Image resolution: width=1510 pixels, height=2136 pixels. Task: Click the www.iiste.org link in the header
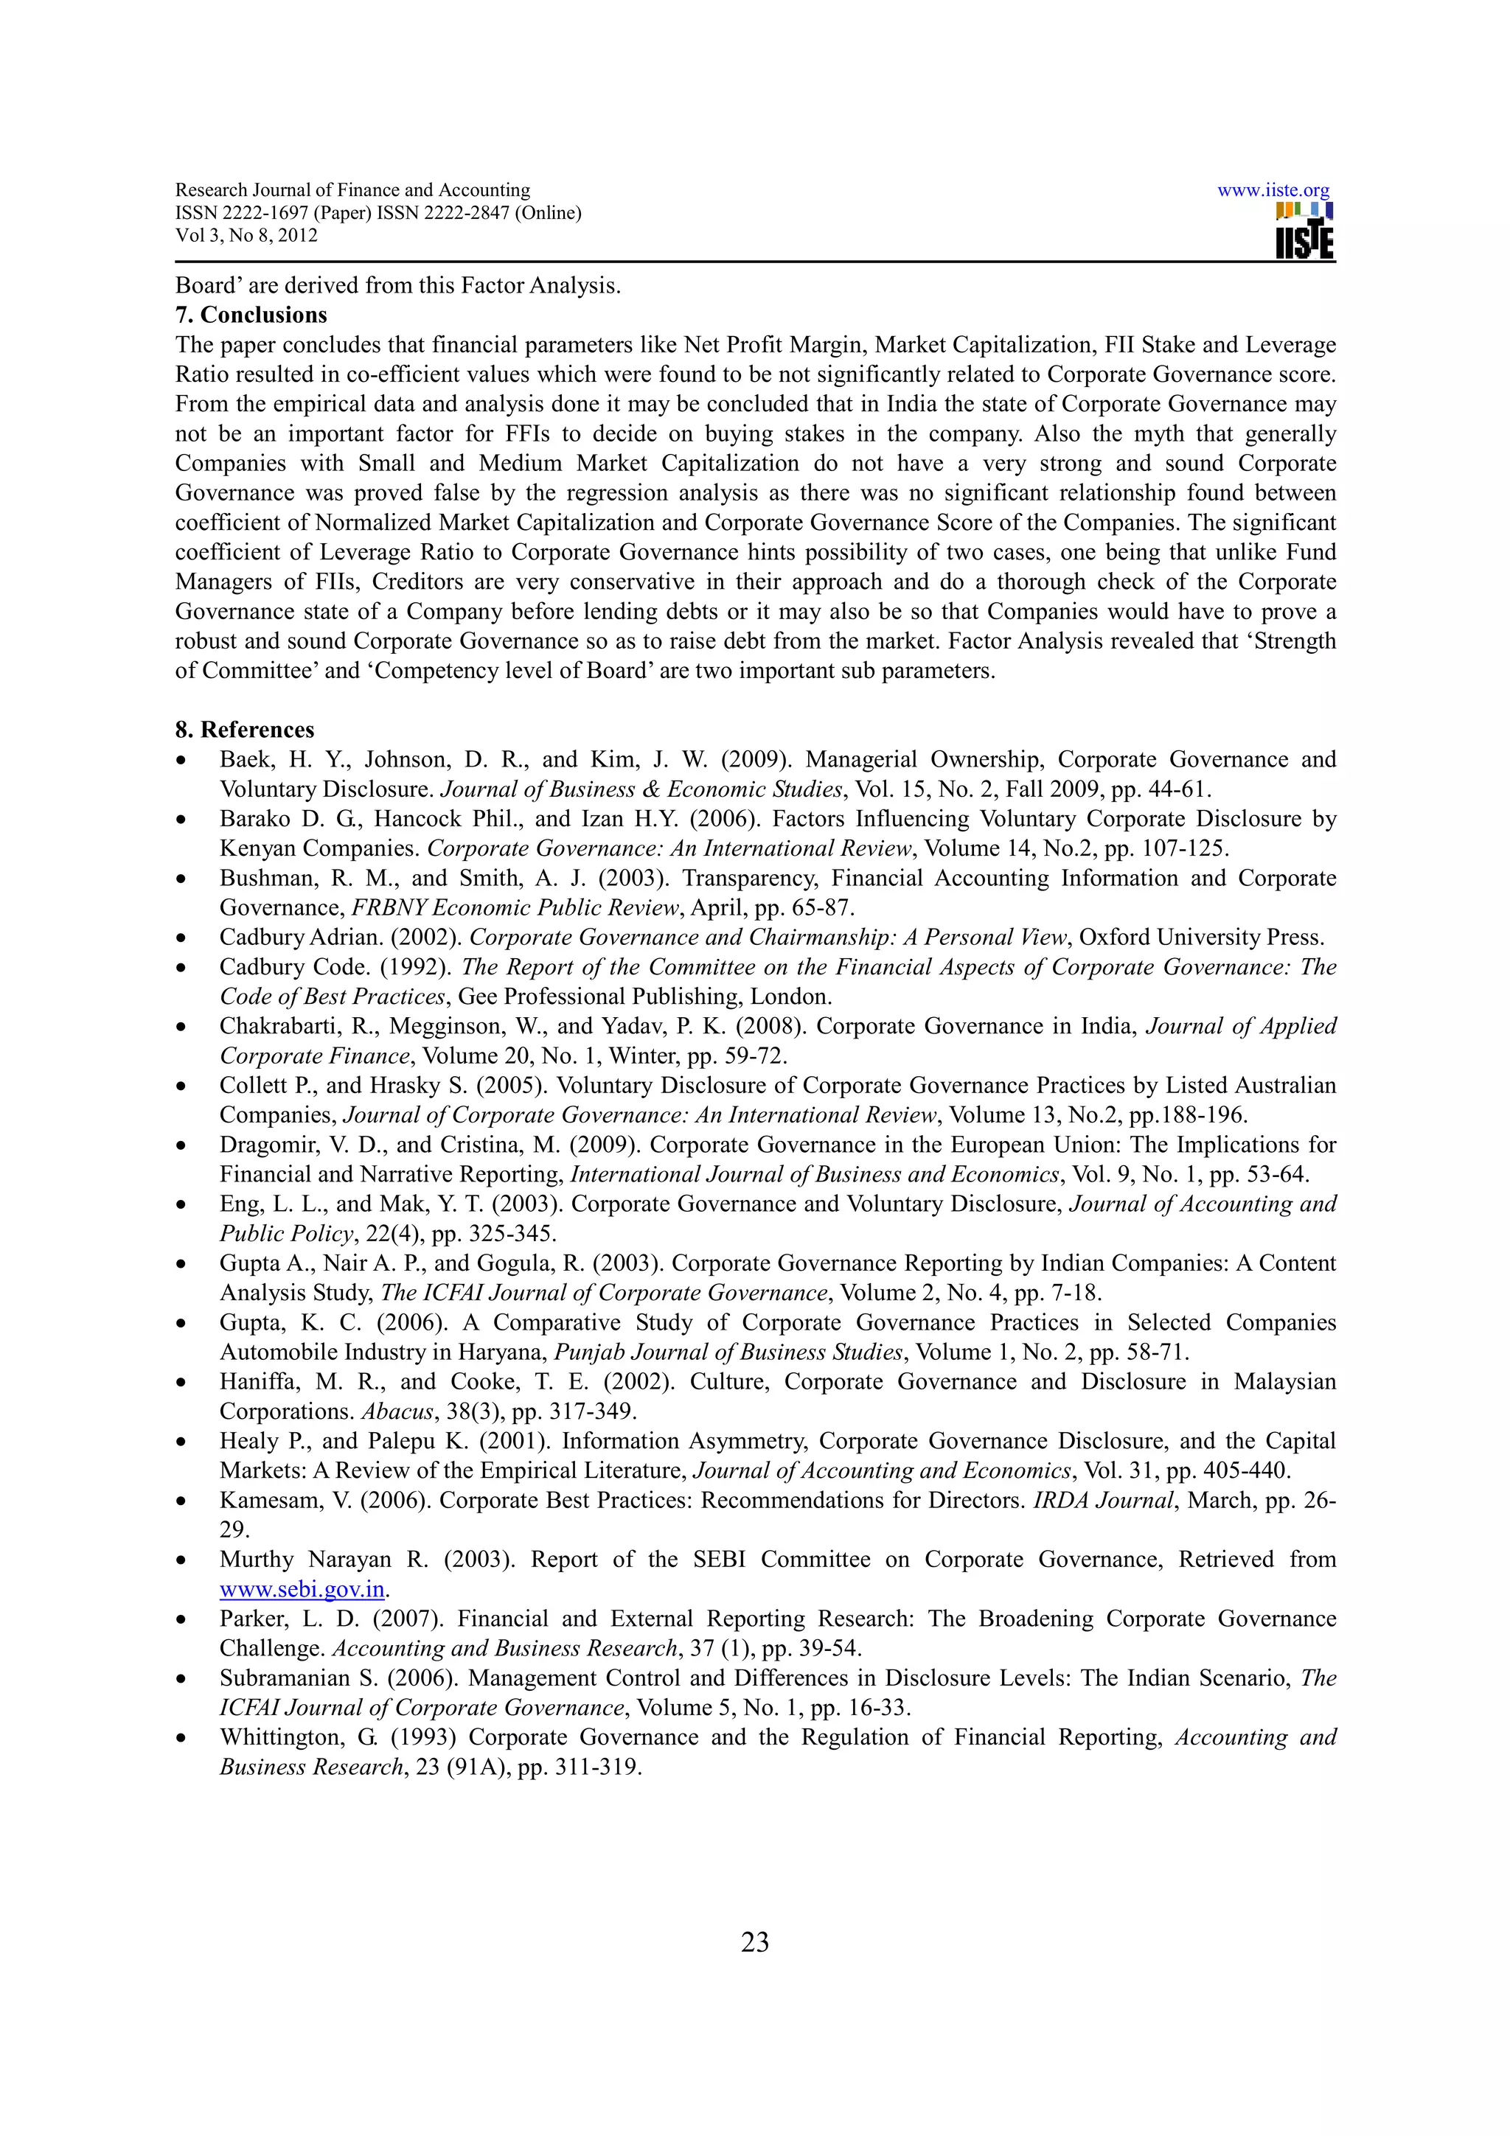click(x=1273, y=191)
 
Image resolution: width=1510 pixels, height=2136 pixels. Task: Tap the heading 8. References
click(x=244, y=730)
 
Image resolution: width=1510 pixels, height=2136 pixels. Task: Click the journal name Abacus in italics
click(x=397, y=1411)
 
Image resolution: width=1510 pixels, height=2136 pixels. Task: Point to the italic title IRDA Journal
click(x=1104, y=1501)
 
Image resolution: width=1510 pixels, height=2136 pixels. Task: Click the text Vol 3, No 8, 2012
click(x=246, y=235)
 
